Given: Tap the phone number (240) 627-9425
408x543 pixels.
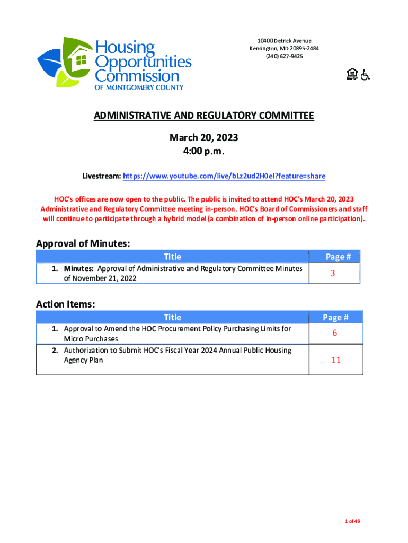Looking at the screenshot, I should tap(284, 56).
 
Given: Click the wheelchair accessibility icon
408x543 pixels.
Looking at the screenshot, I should tap(366, 75).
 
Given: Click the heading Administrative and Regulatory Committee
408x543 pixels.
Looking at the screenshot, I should tap(204, 116).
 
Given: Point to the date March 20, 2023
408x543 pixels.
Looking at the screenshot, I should tap(203, 138).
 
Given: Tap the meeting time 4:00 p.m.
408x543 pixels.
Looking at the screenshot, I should tap(203, 152).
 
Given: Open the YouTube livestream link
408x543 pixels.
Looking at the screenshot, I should tap(224, 176).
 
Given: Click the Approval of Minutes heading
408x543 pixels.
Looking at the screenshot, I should tap(83, 243).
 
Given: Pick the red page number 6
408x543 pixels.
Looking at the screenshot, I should tap(335, 334).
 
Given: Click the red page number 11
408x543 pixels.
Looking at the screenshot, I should tap(335, 360).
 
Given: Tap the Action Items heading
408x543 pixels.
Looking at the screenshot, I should tap(66, 304).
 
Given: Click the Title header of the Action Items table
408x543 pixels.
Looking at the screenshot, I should tap(172, 317).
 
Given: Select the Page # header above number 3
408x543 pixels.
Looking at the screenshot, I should tap(338, 257).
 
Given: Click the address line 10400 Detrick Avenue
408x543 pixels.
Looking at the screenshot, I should tap(284, 41).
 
